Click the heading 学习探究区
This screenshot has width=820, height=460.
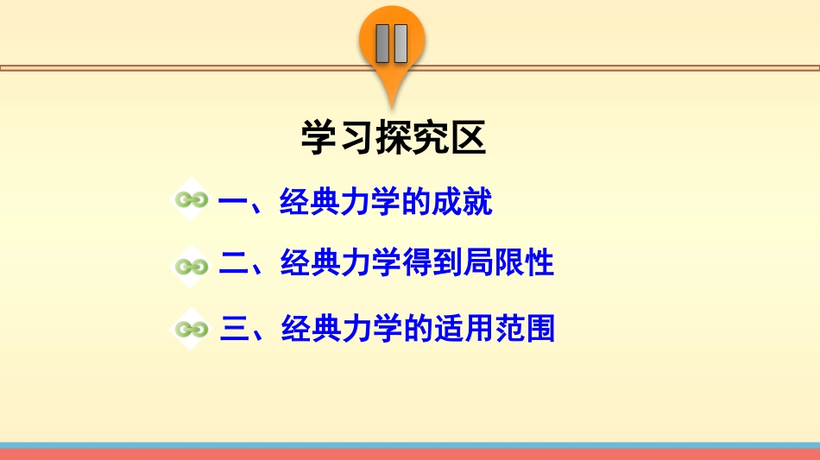pyautogui.click(x=394, y=138)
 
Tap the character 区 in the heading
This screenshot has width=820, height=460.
pyautogui.click(x=469, y=138)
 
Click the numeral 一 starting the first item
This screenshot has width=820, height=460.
pyautogui.click(x=234, y=203)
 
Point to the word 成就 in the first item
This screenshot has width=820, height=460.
pyautogui.click(x=462, y=203)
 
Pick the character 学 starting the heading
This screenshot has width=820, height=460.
pyautogui.click(x=318, y=138)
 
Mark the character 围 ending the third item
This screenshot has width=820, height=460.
pyautogui.click(x=539, y=328)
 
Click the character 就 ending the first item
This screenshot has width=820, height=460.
pyautogui.click(x=477, y=203)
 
